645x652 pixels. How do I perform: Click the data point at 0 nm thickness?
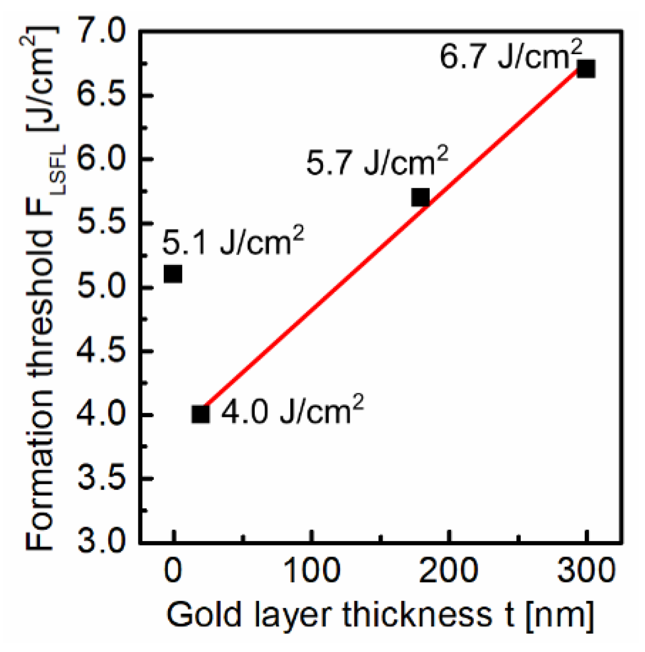173,274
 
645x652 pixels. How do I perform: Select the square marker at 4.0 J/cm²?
201,414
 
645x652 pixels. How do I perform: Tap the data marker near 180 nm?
420,198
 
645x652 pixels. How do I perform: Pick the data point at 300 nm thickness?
586,69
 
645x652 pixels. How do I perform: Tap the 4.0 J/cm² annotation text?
292,411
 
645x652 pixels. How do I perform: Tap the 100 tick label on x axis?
312,570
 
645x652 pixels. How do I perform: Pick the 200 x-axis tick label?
448,570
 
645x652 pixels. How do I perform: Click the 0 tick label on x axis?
173,570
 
